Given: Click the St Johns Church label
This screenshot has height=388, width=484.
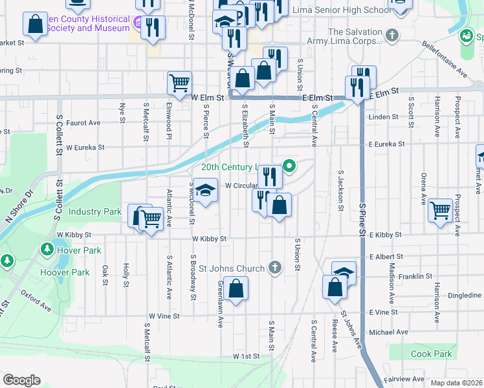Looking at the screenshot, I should [x=232, y=268].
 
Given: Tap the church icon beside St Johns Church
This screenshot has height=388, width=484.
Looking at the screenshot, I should [x=275, y=268].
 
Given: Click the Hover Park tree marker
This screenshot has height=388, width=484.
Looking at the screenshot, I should [x=47, y=249].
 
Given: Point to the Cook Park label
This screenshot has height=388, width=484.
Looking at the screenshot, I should [x=431, y=354].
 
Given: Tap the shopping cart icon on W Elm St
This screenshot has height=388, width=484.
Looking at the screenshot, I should [x=179, y=82].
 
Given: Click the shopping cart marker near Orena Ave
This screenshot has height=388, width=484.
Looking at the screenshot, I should [x=440, y=210].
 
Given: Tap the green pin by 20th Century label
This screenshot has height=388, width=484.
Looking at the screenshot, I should [x=290, y=166].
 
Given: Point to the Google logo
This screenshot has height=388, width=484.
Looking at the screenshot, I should [x=21, y=380].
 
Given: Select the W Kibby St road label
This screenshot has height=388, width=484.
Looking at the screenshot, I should [x=209, y=239].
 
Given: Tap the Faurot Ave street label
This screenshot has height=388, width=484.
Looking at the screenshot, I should [x=83, y=122].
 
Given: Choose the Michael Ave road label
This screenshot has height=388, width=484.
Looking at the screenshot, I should [x=388, y=332].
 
